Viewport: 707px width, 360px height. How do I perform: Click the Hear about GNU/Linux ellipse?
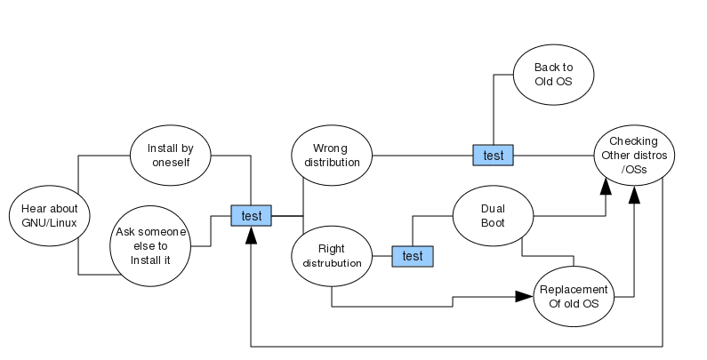click(x=50, y=216)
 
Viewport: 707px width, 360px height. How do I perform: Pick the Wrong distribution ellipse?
click(x=332, y=156)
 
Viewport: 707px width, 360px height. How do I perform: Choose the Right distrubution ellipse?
click(x=332, y=256)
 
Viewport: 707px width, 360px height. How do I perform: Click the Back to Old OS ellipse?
click(x=552, y=74)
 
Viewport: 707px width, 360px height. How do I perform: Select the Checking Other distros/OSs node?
click(x=633, y=155)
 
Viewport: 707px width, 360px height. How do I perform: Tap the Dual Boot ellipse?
click(x=493, y=215)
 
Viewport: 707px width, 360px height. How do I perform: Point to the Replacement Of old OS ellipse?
click(x=573, y=297)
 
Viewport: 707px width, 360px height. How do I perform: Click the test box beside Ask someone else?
click(x=252, y=215)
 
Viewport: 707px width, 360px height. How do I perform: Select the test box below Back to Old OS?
click(x=493, y=156)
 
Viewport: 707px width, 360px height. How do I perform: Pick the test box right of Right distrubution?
click(x=413, y=256)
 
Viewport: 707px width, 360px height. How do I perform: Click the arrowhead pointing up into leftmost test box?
click(x=252, y=234)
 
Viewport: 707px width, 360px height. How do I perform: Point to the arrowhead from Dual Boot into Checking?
click(x=607, y=185)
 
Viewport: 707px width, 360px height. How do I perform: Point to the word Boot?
click(x=493, y=222)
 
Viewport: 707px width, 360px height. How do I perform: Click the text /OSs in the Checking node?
click(x=633, y=169)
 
